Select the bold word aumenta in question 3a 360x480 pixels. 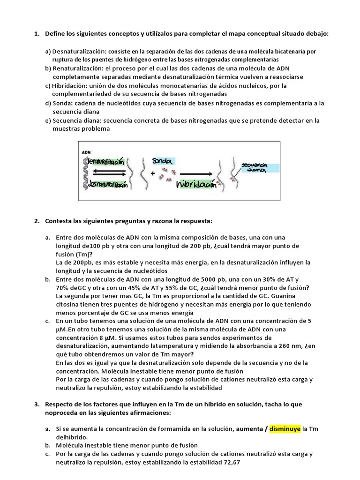click(x=251, y=428)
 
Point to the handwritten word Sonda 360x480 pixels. click(x=162, y=161)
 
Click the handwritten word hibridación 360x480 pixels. click(x=197, y=185)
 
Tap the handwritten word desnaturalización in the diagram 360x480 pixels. click(x=108, y=186)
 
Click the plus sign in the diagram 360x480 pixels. click(x=153, y=173)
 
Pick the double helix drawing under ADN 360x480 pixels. click(x=85, y=172)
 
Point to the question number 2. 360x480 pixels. click(x=37, y=220)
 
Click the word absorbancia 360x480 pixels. click(x=240, y=346)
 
